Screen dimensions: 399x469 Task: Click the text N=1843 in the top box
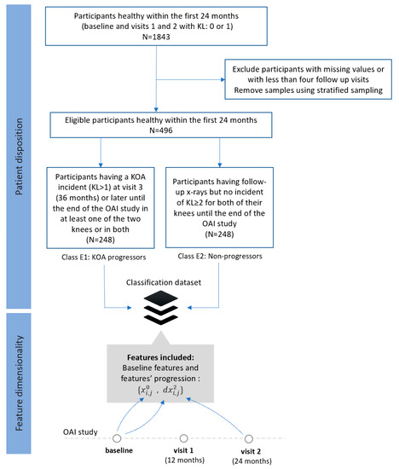[156, 37]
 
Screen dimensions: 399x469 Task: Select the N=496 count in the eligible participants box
[161, 130]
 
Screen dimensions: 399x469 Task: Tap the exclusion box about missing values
[308, 79]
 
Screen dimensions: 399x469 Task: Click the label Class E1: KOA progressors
[104, 258]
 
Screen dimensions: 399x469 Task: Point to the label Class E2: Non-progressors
[220, 257]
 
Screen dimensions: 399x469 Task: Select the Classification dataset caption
[164, 282]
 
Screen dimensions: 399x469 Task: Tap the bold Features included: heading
[160, 357]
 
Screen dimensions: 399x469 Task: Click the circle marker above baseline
[117, 438]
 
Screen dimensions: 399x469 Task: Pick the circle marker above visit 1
[183, 438]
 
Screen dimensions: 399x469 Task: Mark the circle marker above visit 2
[249, 439]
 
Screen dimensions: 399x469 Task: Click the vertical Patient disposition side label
[19, 156]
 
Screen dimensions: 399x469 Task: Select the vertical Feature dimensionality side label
[19, 383]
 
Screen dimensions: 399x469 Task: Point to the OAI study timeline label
[80, 432]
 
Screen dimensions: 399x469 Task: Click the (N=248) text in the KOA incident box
[101, 240]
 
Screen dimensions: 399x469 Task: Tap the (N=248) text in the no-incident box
[220, 234]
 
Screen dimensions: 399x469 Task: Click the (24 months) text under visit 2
[252, 461]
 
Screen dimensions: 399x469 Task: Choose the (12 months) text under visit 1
[185, 460]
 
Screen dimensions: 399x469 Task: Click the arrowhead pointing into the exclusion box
[223, 79]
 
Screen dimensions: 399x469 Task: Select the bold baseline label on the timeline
[119, 450]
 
